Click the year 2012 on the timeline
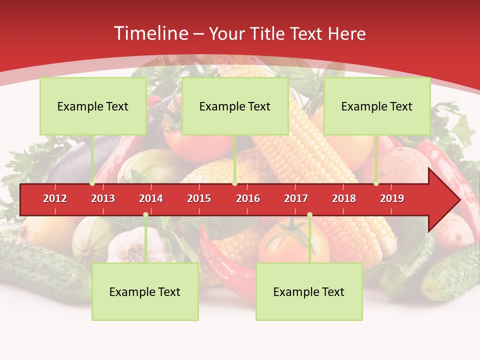click(x=55, y=198)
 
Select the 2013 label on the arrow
click(x=103, y=198)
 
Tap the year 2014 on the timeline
click(x=151, y=198)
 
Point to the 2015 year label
click(x=199, y=198)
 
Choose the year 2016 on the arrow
click(x=248, y=198)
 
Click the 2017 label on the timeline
click(x=296, y=198)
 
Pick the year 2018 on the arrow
click(x=344, y=198)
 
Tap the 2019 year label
click(x=392, y=198)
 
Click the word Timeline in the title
click(x=150, y=33)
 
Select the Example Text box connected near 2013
click(x=93, y=106)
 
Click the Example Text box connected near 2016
click(x=235, y=106)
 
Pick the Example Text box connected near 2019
click(x=377, y=106)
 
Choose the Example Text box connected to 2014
click(x=145, y=291)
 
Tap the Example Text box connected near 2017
click(x=309, y=291)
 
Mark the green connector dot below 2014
click(x=145, y=215)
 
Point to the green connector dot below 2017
click(x=309, y=215)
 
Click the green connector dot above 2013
click(x=92, y=183)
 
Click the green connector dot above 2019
click(x=376, y=183)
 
